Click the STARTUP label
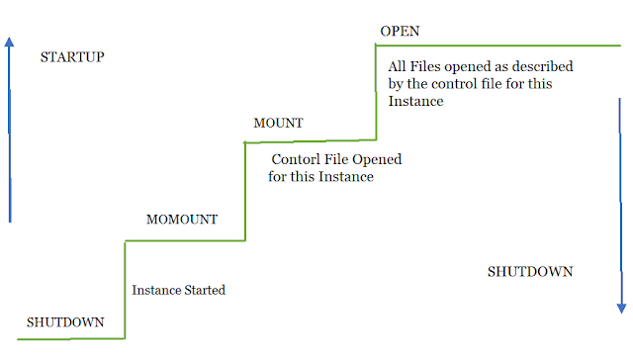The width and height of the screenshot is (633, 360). tap(72, 56)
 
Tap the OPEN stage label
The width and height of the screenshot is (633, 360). tap(399, 32)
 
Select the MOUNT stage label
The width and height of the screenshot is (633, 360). tap(278, 123)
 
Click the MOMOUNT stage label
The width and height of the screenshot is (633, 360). tap(182, 219)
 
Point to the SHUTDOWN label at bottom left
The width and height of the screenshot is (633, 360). tap(64, 322)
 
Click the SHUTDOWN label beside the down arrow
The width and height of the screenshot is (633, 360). tap(530, 272)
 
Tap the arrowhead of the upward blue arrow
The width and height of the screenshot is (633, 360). tap(10, 44)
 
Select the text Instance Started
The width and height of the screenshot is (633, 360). tap(179, 290)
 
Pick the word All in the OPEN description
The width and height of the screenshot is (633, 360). tap(398, 65)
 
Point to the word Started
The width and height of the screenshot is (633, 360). tap(204, 290)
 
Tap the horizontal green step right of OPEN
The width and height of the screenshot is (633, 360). tap(504, 45)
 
